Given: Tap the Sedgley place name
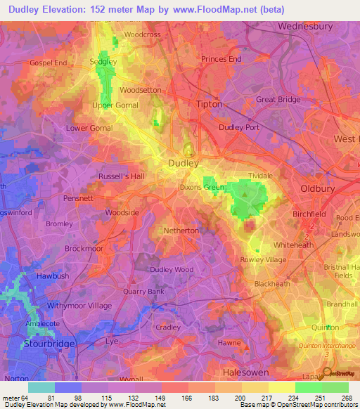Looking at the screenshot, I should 104,62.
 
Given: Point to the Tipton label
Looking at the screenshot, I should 207,104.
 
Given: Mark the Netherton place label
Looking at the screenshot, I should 181,231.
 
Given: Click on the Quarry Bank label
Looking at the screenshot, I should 146,292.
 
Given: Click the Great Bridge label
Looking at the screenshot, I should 278,100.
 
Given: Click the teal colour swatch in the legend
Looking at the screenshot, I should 41,387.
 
